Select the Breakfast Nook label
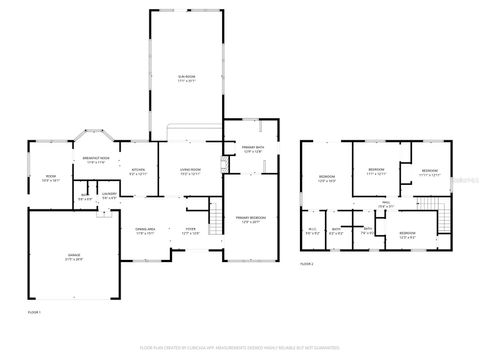96,160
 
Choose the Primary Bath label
252,150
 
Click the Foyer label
190,231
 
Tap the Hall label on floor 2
385,205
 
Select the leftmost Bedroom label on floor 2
327,179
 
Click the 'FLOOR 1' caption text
33,313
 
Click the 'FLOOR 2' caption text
307,264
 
